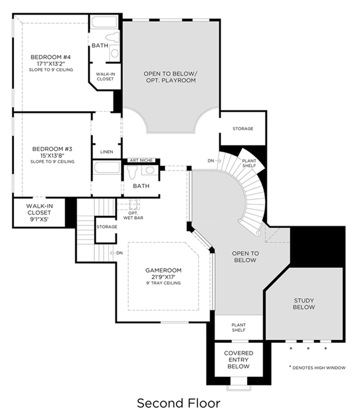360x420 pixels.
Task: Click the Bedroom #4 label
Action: pyautogui.click(x=51, y=57)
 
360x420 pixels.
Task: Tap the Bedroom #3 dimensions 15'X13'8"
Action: pyautogui.click(x=52, y=156)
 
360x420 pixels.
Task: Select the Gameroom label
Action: pyautogui.click(x=163, y=270)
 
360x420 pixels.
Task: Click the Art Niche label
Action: pyautogui.click(x=141, y=160)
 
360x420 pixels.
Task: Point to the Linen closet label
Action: pyautogui.click(x=107, y=152)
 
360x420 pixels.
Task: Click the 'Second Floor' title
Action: pyautogui.click(x=179, y=403)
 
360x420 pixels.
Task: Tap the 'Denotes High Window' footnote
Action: pyautogui.click(x=317, y=368)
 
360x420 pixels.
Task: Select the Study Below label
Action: pyautogui.click(x=304, y=304)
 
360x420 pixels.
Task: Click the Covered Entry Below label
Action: pyautogui.click(x=238, y=360)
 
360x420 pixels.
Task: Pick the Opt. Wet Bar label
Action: pyautogui.click(x=133, y=216)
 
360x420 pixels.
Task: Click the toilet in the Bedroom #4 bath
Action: pyautogui.click(x=112, y=37)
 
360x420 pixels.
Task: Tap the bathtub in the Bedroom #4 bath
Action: pyautogui.click(x=104, y=22)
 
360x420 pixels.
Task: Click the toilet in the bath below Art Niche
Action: pyautogui.click(x=132, y=172)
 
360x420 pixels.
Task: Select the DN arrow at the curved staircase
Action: pyautogui.click(x=218, y=161)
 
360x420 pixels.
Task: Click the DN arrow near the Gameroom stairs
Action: pyautogui.click(x=112, y=253)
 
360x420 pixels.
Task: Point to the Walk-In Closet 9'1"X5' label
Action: pyautogui.click(x=39, y=213)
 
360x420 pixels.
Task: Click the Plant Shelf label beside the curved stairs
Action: pyautogui.click(x=249, y=163)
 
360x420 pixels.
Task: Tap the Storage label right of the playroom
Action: pyautogui.click(x=243, y=129)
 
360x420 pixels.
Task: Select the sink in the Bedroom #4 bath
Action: pyautogui.click(x=115, y=53)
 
